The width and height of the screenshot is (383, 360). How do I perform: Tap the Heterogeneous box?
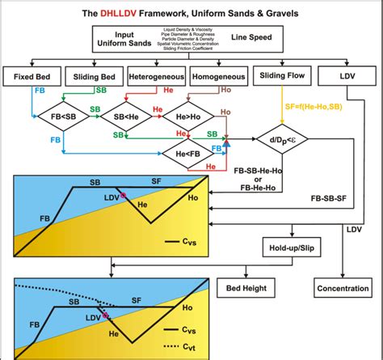coord(156,78)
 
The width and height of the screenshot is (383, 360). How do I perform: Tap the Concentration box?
coord(343,287)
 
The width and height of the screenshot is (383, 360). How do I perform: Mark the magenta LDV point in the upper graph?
coord(124,195)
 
